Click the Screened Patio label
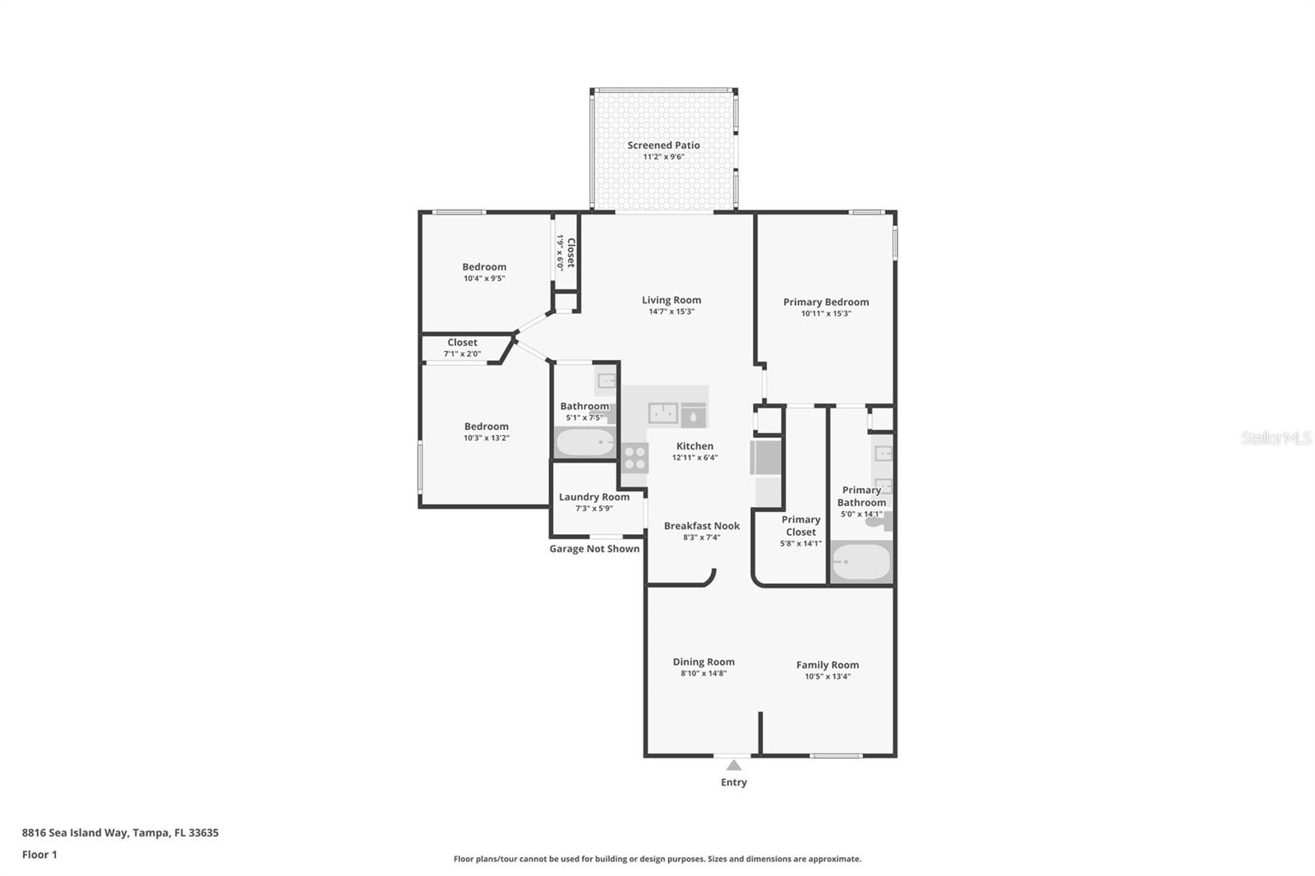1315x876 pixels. (x=663, y=145)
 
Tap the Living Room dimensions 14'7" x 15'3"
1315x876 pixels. (x=671, y=311)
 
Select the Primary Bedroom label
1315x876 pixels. (x=826, y=302)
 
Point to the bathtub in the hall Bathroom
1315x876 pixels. (x=584, y=442)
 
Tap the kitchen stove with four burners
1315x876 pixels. (x=634, y=458)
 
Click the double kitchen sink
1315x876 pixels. (x=663, y=413)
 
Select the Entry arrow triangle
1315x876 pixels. (x=734, y=765)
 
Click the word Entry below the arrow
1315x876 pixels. (x=734, y=782)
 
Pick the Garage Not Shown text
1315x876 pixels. (x=594, y=548)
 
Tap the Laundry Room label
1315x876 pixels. (x=594, y=496)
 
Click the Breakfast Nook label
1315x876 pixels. (x=702, y=525)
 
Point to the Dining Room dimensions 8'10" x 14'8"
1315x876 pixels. (x=704, y=674)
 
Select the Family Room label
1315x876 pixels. (x=827, y=665)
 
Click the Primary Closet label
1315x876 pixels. (x=801, y=525)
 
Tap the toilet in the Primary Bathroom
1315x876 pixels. (x=880, y=521)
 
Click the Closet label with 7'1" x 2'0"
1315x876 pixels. (x=462, y=343)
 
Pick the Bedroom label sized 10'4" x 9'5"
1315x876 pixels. (x=484, y=266)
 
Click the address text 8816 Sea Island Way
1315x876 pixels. (x=75, y=832)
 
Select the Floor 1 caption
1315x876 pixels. (x=39, y=855)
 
